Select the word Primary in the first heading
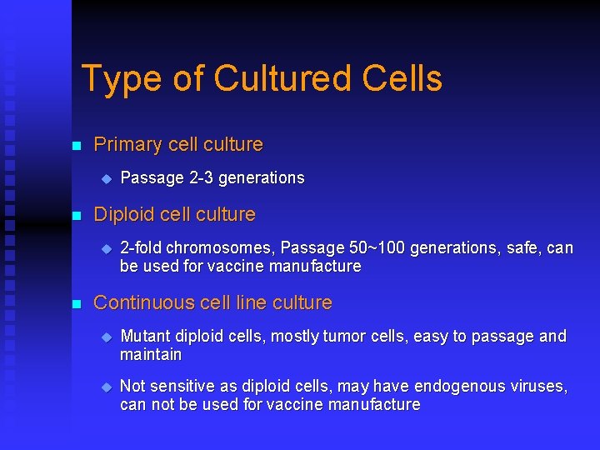tap(127, 145)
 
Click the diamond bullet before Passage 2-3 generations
tap(106, 178)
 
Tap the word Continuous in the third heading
tap(144, 303)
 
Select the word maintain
tap(151, 355)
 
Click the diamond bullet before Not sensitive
tap(106, 387)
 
